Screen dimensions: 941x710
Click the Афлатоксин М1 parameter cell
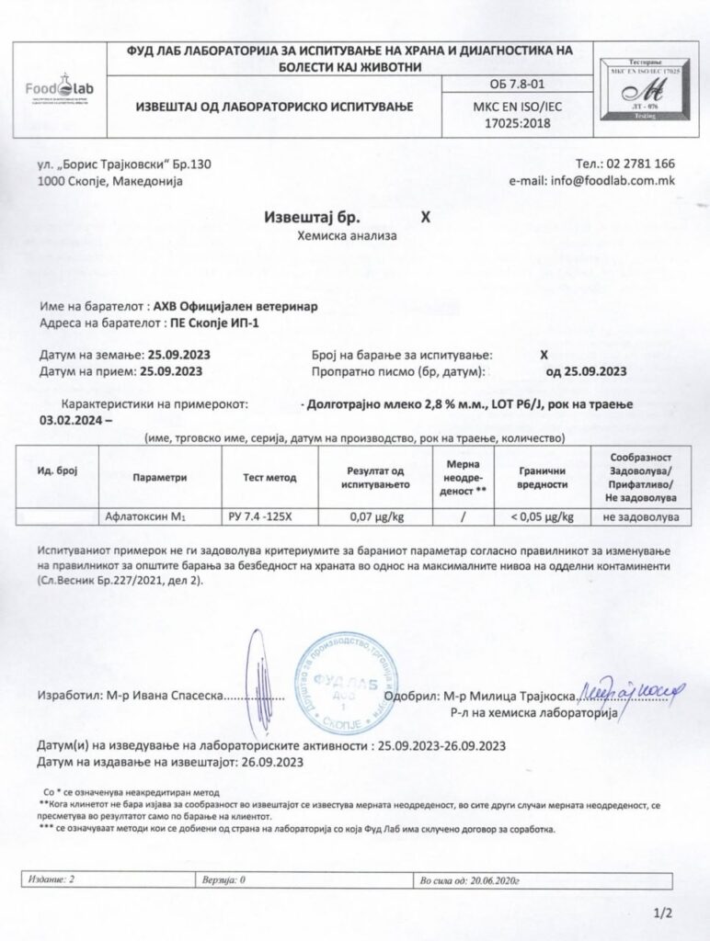tap(147, 516)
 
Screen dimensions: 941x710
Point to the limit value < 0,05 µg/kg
tap(543, 516)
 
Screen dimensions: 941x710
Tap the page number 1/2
tap(663, 913)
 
